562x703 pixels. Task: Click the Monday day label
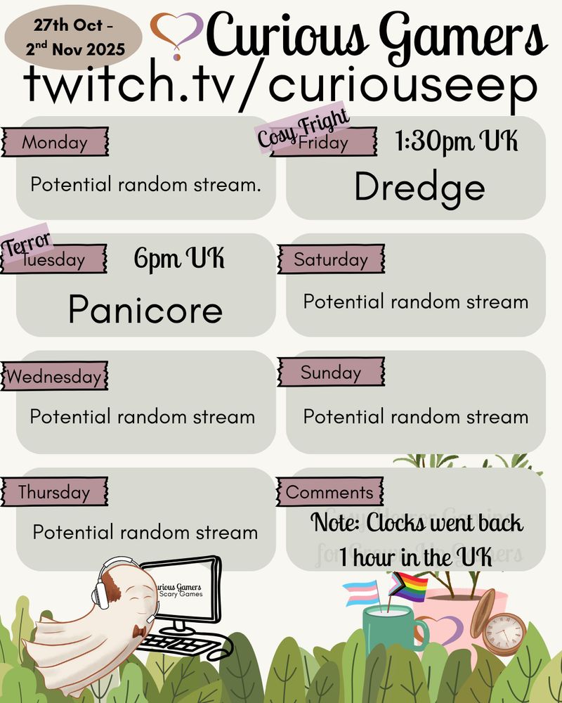(55, 143)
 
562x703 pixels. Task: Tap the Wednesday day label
(55, 377)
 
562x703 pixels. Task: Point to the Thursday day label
(55, 492)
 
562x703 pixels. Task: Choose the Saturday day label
(331, 259)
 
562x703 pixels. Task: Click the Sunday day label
(331, 373)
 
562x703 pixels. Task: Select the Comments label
(329, 492)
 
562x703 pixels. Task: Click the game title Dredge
(419, 187)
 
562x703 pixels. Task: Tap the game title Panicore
(145, 309)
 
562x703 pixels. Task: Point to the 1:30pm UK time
(457, 143)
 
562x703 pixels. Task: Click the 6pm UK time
(179, 259)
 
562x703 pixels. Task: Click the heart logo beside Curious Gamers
(177, 34)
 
